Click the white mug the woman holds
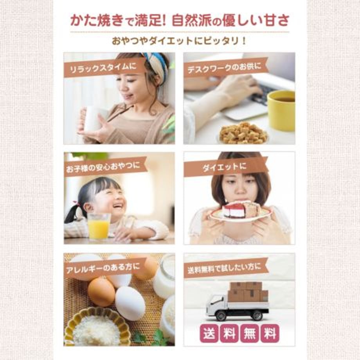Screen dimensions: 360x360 click(x=93, y=119)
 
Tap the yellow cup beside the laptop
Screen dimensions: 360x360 click(x=281, y=110)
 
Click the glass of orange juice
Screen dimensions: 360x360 click(x=99, y=226)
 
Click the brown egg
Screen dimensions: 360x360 click(x=101, y=292)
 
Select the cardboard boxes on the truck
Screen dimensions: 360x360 click(x=248, y=292)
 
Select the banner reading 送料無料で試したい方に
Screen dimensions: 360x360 click(x=225, y=268)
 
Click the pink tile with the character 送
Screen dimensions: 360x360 click(x=209, y=333)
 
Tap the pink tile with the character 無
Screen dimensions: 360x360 click(x=249, y=333)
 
